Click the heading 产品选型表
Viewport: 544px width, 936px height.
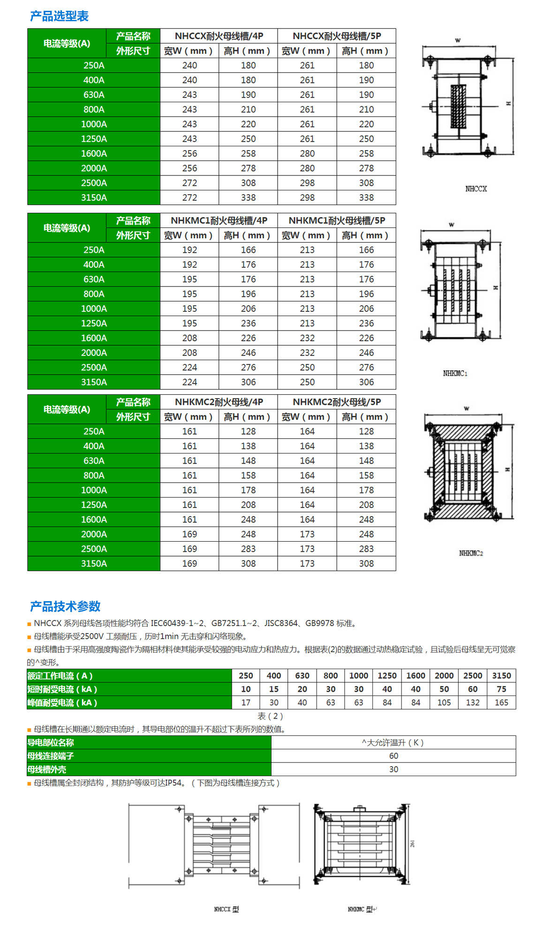59,16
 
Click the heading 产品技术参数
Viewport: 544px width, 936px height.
65,606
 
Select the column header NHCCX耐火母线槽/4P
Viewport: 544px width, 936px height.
219,36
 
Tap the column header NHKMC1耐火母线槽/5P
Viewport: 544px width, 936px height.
337,220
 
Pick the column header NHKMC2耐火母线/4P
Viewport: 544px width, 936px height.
219,402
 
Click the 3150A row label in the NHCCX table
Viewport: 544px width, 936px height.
94,197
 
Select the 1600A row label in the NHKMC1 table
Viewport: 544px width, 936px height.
94,338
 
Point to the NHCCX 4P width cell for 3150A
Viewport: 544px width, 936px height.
189,197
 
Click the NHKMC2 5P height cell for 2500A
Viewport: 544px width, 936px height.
366,549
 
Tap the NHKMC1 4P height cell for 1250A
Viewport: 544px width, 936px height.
248,324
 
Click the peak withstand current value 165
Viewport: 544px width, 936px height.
501,702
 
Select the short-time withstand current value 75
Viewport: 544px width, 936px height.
501,689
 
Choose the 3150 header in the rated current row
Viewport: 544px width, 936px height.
501,676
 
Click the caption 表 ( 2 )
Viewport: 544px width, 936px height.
270,716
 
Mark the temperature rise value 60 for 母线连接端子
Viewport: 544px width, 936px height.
393,756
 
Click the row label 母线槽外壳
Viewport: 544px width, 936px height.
47,770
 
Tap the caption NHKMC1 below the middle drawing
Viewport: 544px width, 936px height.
455,373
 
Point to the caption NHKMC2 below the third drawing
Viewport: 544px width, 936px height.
471,553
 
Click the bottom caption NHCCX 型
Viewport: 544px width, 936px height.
227,909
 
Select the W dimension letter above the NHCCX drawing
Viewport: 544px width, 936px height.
458,40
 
